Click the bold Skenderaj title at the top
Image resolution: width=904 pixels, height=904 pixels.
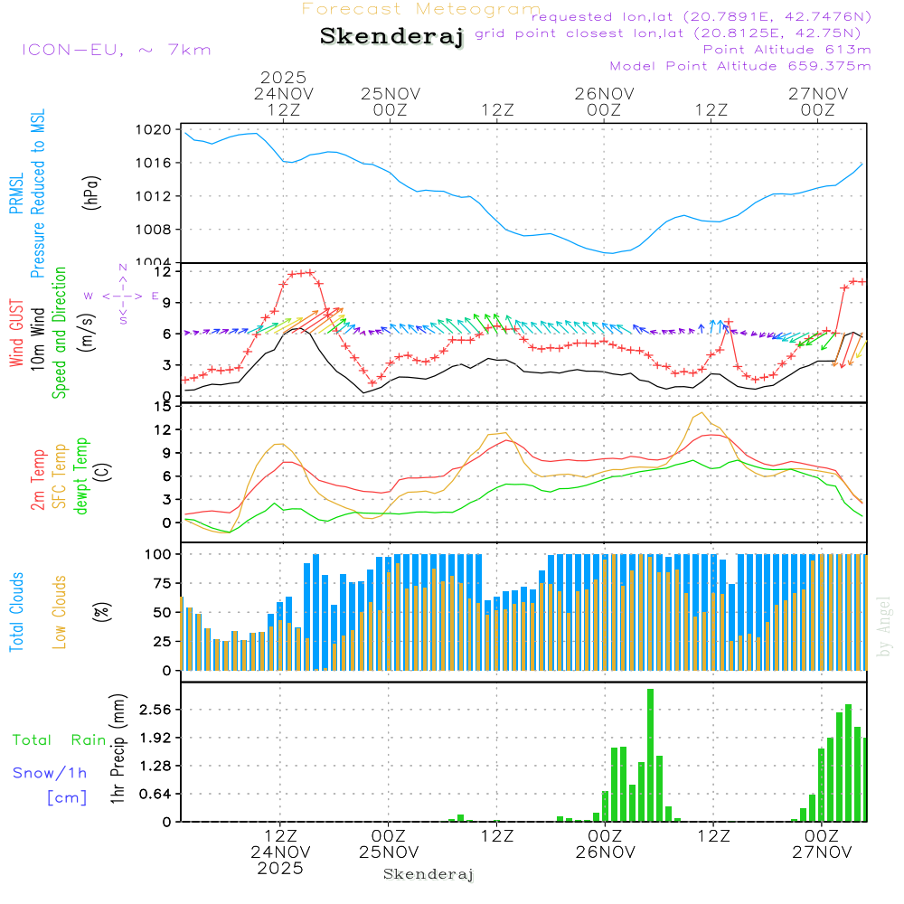tap(391, 36)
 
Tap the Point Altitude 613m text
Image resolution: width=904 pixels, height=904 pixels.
tap(786, 50)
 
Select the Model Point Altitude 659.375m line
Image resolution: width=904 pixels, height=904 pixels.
tap(740, 66)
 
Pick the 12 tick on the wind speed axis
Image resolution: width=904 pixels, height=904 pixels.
tap(164, 271)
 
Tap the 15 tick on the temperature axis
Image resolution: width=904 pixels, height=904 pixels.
tap(164, 407)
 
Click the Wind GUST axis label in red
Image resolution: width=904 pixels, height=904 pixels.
tap(17, 334)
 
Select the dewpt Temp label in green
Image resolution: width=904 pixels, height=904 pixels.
tap(82, 476)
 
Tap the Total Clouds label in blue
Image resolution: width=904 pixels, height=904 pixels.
tap(17, 612)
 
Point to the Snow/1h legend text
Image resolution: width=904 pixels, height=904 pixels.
tap(50, 773)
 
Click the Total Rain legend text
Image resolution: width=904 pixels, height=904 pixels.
tap(59, 740)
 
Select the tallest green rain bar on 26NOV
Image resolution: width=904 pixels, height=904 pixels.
tap(650, 755)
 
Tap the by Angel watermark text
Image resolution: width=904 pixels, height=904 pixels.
tap(885, 626)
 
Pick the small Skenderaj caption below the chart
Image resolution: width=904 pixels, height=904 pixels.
tap(428, 874)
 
